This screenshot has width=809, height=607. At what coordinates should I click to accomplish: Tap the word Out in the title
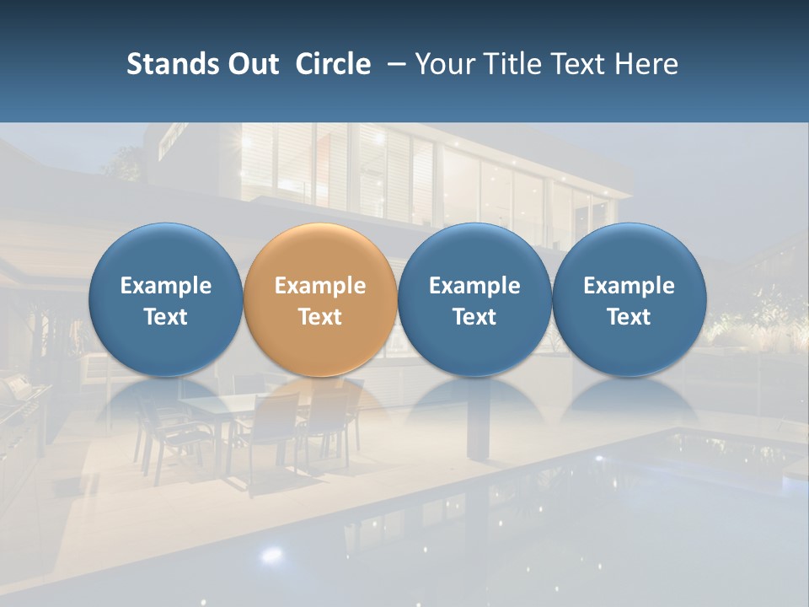[253, 64]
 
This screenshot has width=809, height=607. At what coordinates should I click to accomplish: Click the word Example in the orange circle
[320, 286]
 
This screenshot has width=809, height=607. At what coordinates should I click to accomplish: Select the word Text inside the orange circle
[320, 317]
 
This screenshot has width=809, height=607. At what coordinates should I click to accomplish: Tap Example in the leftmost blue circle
[166, 286]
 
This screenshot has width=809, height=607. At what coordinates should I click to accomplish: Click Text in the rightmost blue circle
[629, 317]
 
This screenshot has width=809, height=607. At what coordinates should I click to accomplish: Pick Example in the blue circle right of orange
[474, 286]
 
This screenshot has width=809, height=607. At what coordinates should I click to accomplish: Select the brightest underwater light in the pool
[271, 554]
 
